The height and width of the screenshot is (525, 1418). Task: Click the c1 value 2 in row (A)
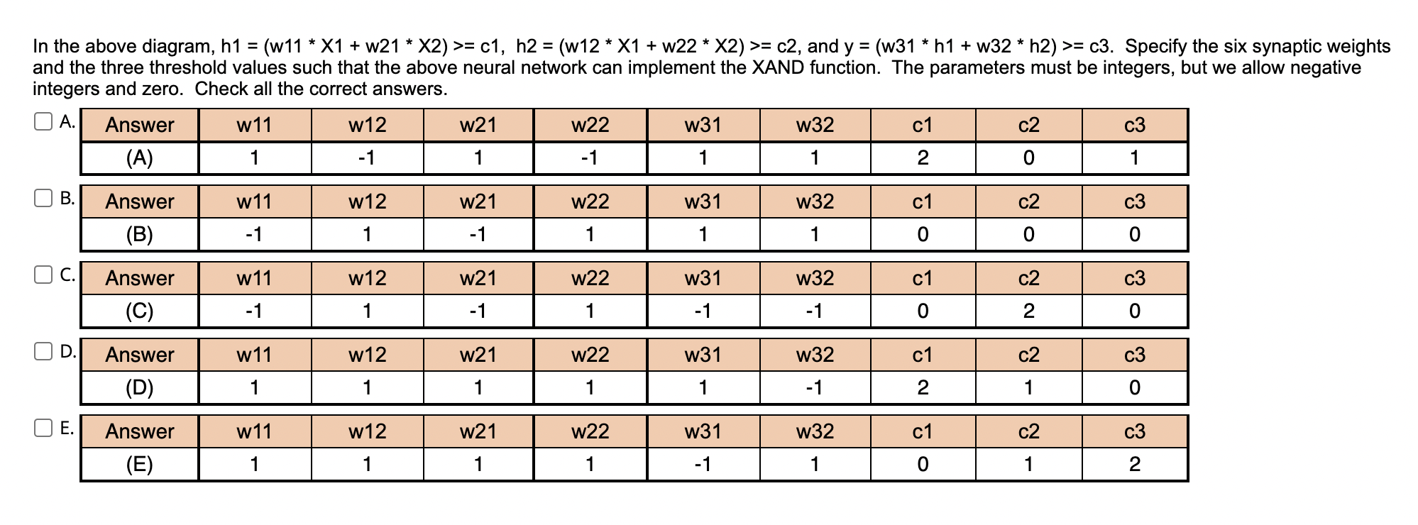(x=922, y=158)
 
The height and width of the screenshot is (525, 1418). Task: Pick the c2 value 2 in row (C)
(x=1028, y=311)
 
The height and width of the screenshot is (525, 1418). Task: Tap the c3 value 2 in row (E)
(x=1134, y=465)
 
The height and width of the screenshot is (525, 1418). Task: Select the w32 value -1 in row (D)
(x=814, y=388)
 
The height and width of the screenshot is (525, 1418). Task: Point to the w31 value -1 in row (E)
(x=702, y=465)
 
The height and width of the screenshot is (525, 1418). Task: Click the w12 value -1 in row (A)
(x=366, y=158)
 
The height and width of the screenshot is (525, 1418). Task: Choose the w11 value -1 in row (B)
(x=253, y=235)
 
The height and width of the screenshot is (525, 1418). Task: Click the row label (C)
(x=139, y=311)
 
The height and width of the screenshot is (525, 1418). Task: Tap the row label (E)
(x=139, y=465)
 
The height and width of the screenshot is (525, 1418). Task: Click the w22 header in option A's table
(x=590, y=126)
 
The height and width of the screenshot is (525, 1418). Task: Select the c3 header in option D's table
(x=1134, y=355)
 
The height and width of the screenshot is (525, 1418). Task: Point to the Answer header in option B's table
(x=139, y=202)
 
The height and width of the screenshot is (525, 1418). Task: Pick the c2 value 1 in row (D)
(x=1028, y=388)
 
